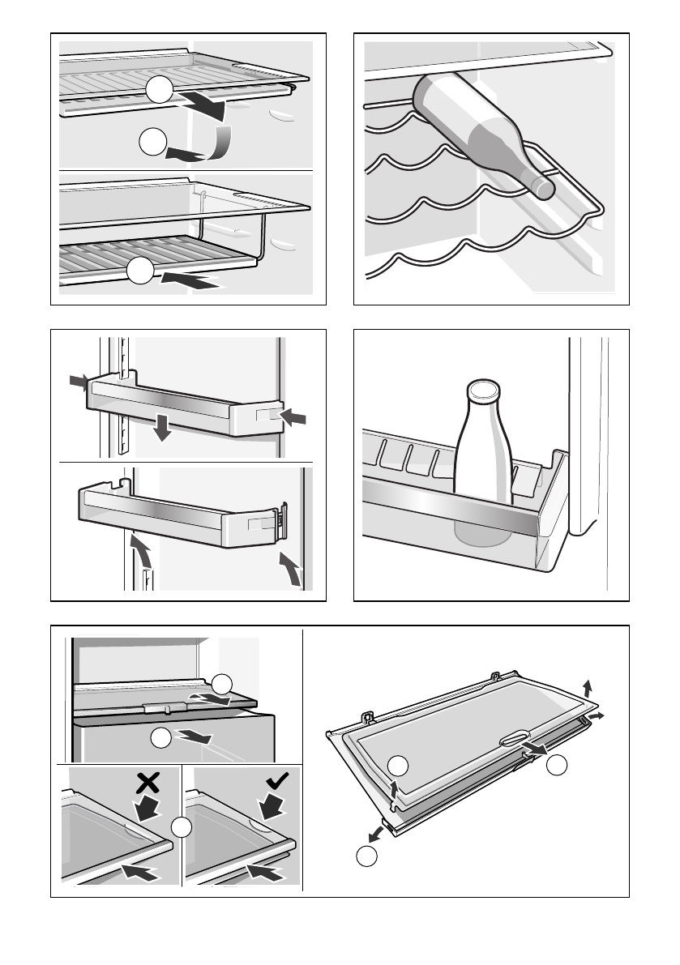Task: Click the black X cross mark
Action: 148,781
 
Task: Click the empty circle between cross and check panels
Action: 183,828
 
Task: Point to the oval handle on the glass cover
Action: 514,738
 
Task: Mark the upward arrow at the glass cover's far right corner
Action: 588,689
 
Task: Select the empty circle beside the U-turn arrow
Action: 152,143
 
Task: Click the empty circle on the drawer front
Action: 161,738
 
